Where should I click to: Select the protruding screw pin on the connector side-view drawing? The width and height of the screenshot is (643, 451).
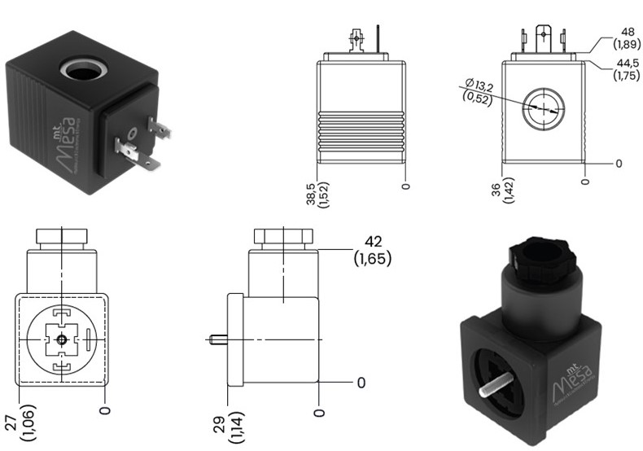pos(218,339)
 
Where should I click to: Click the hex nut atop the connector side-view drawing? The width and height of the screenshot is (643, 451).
pos(282,238)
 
